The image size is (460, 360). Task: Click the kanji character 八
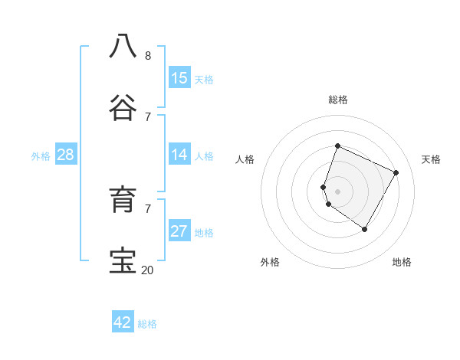pos(123,46)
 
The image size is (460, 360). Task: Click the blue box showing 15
pos(179,77)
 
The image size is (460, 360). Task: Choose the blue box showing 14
pos(179,155)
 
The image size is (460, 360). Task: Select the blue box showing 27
pos(179,231)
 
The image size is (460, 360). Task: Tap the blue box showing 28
pos(65,155)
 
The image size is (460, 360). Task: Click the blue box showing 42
pos(123,322)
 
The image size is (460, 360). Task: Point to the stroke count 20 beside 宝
pos(147,270)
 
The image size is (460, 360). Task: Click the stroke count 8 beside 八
pos(148,56)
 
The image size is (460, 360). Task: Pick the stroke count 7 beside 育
pos(148,208)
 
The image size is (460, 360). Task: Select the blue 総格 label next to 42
pos(147,324)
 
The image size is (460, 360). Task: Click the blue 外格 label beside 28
pos(41,156)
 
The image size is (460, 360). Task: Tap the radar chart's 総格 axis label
pos(338,100)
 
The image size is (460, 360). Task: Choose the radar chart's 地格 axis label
pos(402,263)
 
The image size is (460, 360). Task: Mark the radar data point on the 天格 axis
pos(396,172)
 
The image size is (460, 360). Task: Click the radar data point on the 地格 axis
pos(365,229)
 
